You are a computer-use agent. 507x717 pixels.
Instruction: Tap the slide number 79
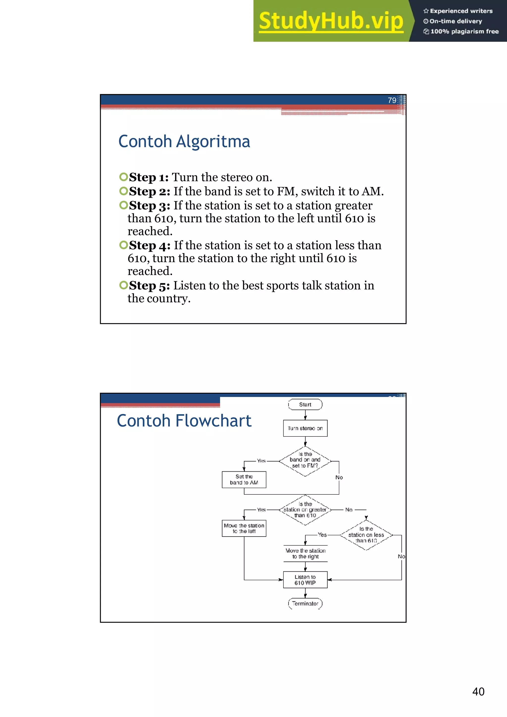tap(392, 100)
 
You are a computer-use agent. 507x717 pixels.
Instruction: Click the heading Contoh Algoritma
tap(184, 141)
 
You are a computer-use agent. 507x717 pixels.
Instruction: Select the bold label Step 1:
tap(149, 177)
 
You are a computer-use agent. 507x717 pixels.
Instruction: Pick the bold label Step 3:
tap(150, 206)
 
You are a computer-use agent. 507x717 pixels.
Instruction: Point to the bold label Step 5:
tap(150, 286)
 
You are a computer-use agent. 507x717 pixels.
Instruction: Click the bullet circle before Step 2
tap(124, 191)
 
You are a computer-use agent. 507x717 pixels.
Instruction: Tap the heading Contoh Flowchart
tap(184, 421)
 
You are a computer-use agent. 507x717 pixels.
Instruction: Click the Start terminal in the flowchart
tap(305, 404)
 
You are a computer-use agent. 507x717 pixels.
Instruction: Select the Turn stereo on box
tap(305, 428)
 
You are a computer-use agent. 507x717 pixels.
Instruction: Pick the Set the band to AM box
tap(244, 479)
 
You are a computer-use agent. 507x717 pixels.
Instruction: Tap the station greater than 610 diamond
tap(305, 510)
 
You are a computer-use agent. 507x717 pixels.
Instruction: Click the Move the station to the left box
tap(244, 528)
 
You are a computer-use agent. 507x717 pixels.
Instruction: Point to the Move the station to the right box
tap(305, 554)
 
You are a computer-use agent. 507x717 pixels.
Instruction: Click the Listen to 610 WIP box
tap(305, 580)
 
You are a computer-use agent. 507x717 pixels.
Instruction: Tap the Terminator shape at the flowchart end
tap(305, 604)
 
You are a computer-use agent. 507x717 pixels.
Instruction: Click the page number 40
tap(478, 692)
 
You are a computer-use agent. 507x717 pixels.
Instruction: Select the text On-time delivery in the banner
tap(456, 21)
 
